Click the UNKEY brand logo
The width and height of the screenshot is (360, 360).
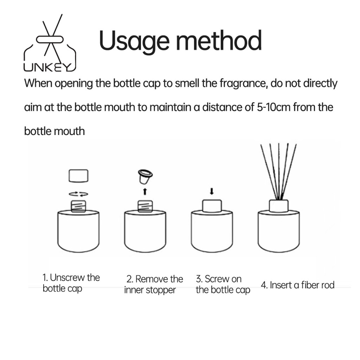(x=50, y=43)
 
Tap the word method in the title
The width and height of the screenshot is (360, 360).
(x=219, y=40)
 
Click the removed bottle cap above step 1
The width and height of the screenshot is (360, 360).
(x=78, y=176)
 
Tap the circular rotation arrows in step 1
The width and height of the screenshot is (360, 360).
(x=78, y=194)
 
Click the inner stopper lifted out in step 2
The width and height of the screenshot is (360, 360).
(x=145, y=176)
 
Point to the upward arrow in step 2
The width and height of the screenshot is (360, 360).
(x=145, y=192)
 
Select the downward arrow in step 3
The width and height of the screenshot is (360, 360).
(x=212, y=191)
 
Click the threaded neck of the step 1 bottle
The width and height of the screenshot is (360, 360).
(x=78, y=206)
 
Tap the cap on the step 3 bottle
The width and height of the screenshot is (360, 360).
(x=212, y=206)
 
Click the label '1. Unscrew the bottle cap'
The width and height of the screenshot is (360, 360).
(x=71, y=283)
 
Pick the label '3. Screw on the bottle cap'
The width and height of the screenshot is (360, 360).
(x=223, y=284)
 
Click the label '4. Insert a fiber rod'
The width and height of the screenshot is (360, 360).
(x=297, y=285)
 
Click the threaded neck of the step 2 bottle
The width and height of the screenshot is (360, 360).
(x=145, y=206)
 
